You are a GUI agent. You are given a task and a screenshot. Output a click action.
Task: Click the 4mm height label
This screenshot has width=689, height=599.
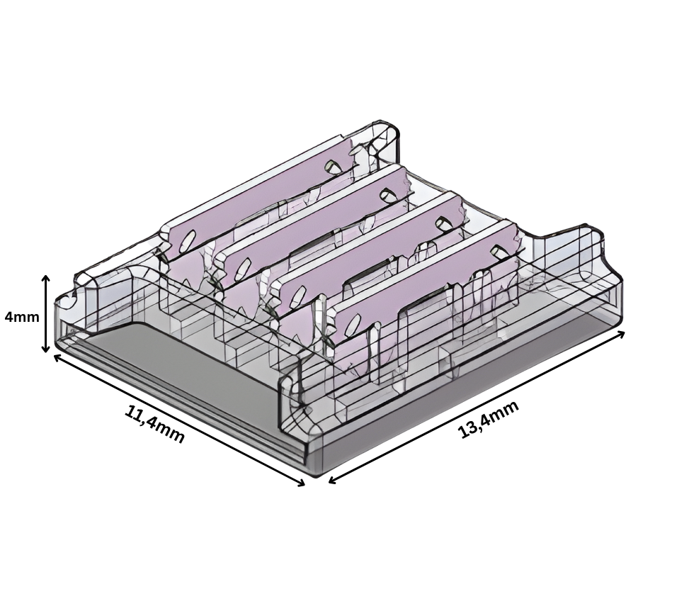[22, 316]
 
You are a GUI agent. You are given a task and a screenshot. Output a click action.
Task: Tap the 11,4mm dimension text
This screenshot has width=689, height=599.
[154, 423]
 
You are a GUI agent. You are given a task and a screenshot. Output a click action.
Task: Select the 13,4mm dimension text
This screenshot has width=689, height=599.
[488, 419]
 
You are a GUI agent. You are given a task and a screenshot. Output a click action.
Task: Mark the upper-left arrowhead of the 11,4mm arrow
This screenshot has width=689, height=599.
[57, 357]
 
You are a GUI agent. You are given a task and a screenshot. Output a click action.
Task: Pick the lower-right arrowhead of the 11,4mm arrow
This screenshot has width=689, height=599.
[300, 483]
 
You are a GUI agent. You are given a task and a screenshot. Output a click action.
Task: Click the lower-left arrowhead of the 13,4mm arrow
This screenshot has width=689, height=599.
[333, 480]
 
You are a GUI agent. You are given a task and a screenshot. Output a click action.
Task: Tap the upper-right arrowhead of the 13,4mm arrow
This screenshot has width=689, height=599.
[620, 334]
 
